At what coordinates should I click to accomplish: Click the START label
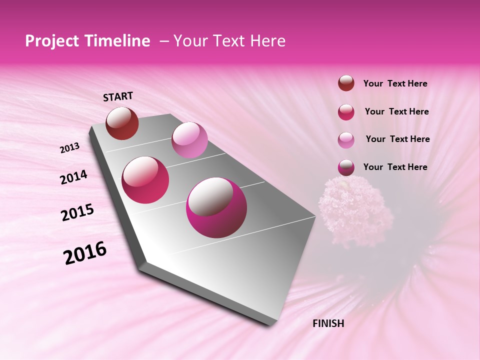[x=118, y=96]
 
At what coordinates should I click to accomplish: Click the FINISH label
[x=328, y=323]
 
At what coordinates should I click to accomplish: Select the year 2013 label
[x=69, y=148]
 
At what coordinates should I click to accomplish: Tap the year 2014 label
[x=73, y=177]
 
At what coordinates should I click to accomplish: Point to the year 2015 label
[x=77, y=212]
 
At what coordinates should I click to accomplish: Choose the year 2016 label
[x=85, y=253]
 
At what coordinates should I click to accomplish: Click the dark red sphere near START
[x=122, y=123]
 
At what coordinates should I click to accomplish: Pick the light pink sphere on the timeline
[x=189, y=140]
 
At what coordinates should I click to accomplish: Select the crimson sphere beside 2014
[x=145, y=180]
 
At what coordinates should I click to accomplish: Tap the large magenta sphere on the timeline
[x=216, y=207]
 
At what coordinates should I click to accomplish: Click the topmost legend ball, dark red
[x=346, y=83]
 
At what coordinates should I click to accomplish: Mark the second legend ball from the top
[x=346, y=112]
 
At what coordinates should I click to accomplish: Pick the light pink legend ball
[x=346, y=140]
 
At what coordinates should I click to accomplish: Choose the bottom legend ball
[x=346, y=167]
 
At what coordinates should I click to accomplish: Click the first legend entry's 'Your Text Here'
[x=395, y=83]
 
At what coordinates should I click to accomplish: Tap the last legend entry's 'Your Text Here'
[x=395, y=167]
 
